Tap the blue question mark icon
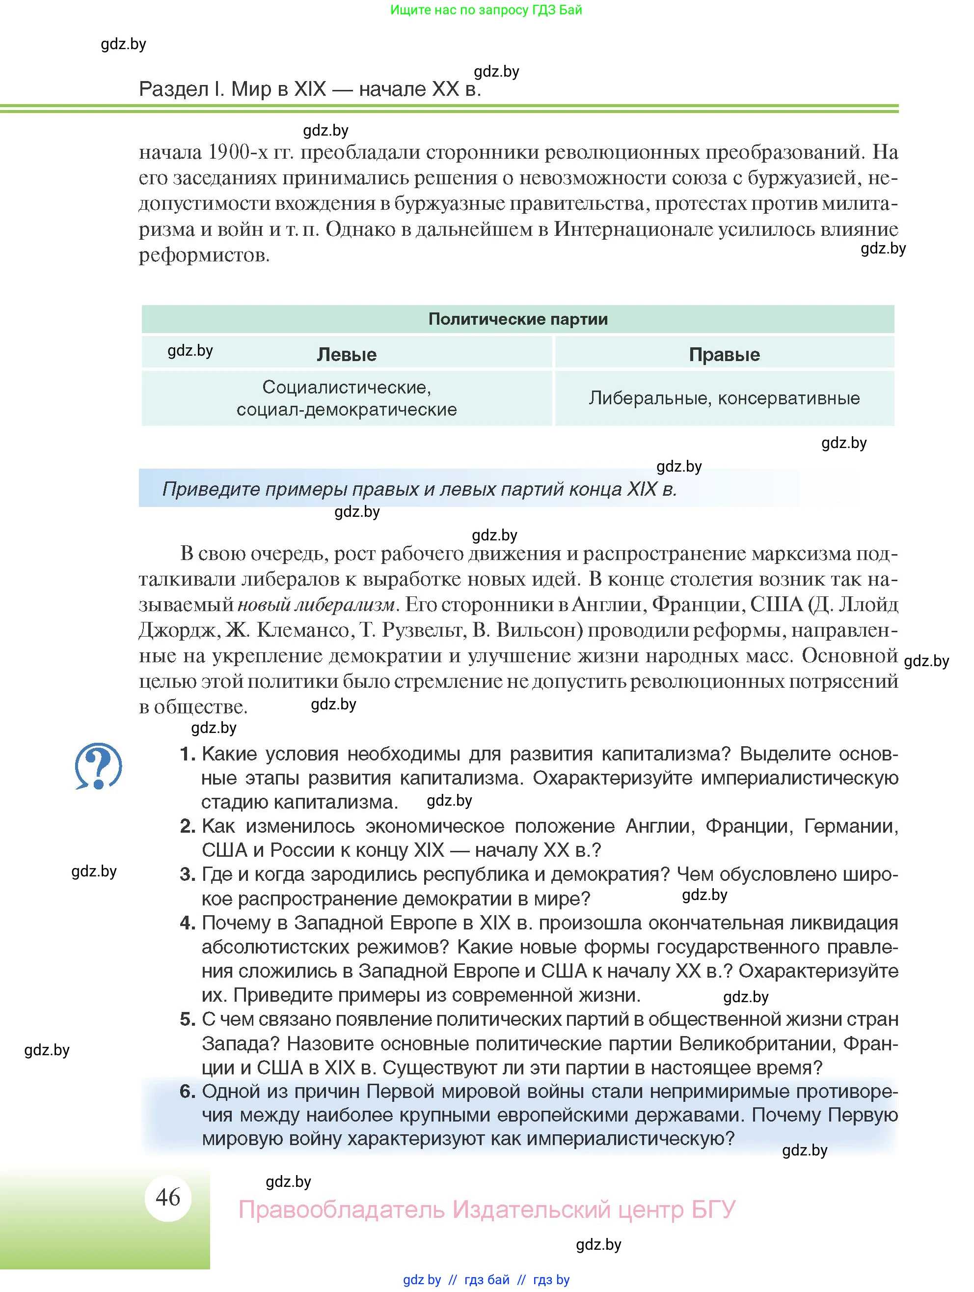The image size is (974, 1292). pos(98,766)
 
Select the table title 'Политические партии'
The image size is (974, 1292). pos(517,319)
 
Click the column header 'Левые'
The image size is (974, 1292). pos(347,354)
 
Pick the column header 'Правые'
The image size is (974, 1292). pos(724,354)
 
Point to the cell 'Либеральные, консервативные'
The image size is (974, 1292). pos(724,398)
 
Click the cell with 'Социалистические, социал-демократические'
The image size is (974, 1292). pos(347,398)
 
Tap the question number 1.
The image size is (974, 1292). pos(187,754)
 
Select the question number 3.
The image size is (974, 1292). pos(187,874)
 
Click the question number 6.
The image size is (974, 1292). pos(187,1091)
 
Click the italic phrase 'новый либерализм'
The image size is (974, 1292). pos(317,605)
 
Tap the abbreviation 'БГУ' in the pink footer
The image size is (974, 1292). pos(713,1209)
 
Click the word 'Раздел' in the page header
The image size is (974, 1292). pos(173,89)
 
